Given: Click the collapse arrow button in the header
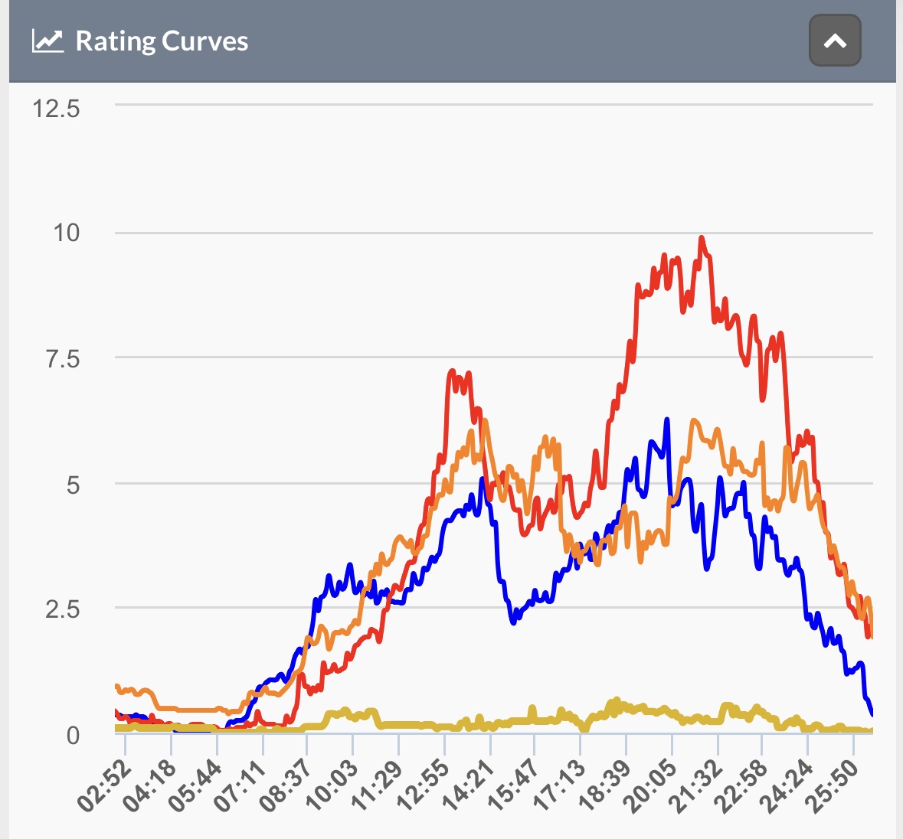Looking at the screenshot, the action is pyautogui.click(x=835, y=41).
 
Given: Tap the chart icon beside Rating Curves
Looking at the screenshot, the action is pyautogui.click(x=47, y=41).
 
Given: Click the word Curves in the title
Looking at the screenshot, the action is pyautogui.click(x=205, y=41).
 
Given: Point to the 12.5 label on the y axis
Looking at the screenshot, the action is pyautogui.click(x=56, y=109).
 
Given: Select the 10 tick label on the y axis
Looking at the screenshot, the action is pyautogui.click(x=66, y=233).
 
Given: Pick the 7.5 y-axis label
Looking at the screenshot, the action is pyautogui.click(x=63, y=359).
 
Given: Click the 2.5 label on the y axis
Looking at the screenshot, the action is pyautogui.click(x=63, y=609).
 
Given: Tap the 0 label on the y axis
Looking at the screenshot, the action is pyautogui.click(x=73, y=736).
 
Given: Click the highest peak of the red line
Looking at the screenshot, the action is pyautogui.click(x=702, y=237).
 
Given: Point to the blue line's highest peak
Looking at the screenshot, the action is pyautogui.click(x=667, y=419).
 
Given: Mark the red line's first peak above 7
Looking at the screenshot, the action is pyautogui.click(x=452, y=371).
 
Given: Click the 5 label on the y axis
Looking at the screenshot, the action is pyautogui.click(x=73, y=485).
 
